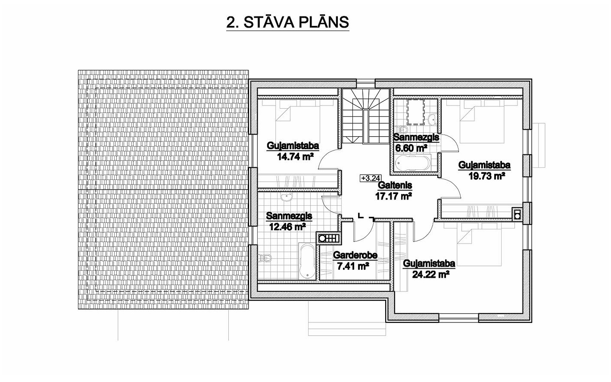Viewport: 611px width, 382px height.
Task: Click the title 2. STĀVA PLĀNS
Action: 288,22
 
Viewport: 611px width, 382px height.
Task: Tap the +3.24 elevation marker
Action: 371,178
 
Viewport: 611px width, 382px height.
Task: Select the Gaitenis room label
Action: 394,185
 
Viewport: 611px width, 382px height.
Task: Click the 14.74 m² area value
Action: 295,157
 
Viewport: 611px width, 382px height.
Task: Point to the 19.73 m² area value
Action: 486,176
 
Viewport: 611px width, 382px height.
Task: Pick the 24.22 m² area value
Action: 431,274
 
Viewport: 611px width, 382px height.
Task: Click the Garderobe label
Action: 355,255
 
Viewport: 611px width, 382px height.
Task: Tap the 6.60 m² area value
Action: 411,148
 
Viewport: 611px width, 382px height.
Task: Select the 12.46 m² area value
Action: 287,226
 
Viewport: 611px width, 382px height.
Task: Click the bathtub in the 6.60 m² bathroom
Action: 413,163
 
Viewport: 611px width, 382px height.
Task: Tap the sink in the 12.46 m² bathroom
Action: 287,197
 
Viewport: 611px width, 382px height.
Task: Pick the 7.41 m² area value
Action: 353,266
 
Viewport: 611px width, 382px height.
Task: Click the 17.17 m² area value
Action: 393,196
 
